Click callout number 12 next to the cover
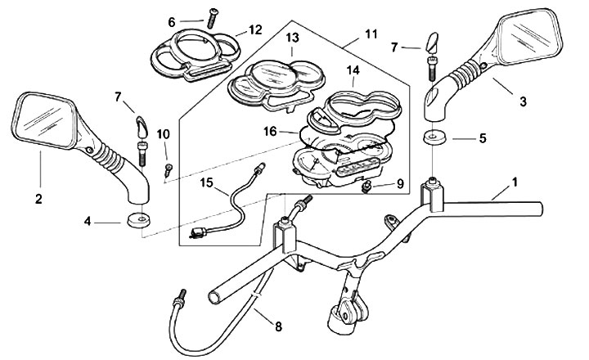(256, 30)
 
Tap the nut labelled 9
(368, 190)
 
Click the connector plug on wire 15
(197, 236)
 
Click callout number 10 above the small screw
(164, 133)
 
